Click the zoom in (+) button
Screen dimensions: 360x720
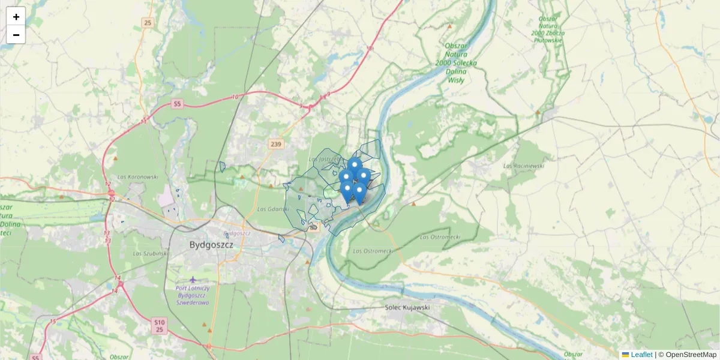pyautogui.click(x=16, y=16)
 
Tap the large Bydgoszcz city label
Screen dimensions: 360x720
pyautogui.click(x=211, y=245)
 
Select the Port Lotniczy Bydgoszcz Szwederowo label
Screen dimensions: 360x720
pyautogui.click(x=193, y=295)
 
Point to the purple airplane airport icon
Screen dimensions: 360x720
pyautogui.click(x=193, y=280)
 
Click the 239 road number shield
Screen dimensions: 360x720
pyautogui.click(x=276, y=144)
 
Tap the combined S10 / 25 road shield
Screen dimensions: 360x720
pyautogui.click(x=159, y=326)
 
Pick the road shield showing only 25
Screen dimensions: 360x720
pyautogui.click(x=148, y=23)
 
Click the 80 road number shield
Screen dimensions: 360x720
pyautogui.click(x=313, y=227)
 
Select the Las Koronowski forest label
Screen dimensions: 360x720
pyautogui.click(x=138, y=177)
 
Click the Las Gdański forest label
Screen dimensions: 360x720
pyautogui.click(x=273, y=209)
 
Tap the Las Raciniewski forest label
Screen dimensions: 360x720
pyautogui.click(x=524, y=165)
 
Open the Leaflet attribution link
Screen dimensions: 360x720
pyautogui.click(x=641, y=355)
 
